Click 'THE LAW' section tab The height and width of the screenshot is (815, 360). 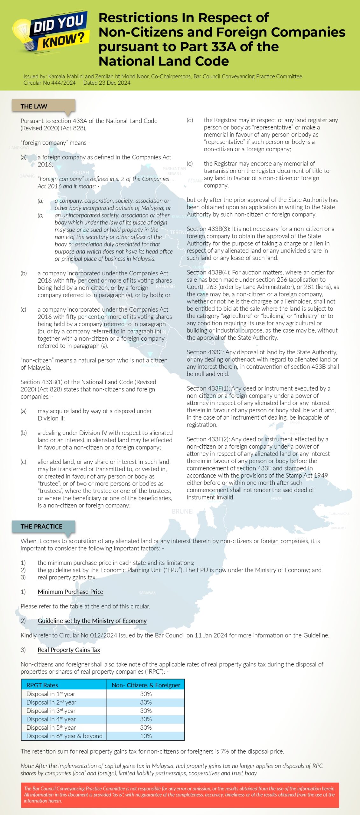tap(34, 106)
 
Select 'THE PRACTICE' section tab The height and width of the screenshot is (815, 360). tap(41, 526)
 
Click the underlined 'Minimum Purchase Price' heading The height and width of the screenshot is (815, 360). tap(70, 592)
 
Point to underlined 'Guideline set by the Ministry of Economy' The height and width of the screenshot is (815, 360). tap(92, 620)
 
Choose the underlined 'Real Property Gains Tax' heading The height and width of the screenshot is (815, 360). tap(69, 650)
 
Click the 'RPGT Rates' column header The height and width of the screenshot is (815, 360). tap(42, 685)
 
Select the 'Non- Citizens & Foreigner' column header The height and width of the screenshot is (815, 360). tap(146, 685)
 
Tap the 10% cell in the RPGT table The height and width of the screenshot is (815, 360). tap(146, 736)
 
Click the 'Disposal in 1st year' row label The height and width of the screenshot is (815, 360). tap(51, 694)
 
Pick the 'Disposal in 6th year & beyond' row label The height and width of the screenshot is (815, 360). tap(64, 736)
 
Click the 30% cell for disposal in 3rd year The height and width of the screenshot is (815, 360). tap(146, 711)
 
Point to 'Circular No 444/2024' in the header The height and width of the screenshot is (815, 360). tap(49, 83)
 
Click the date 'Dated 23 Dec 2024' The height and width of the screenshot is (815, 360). tap(107, 83)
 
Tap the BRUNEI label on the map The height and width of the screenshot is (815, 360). tap(182, 511)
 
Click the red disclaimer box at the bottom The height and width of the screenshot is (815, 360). tap(180, 795)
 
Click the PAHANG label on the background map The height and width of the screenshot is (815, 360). tap(166, 286)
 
